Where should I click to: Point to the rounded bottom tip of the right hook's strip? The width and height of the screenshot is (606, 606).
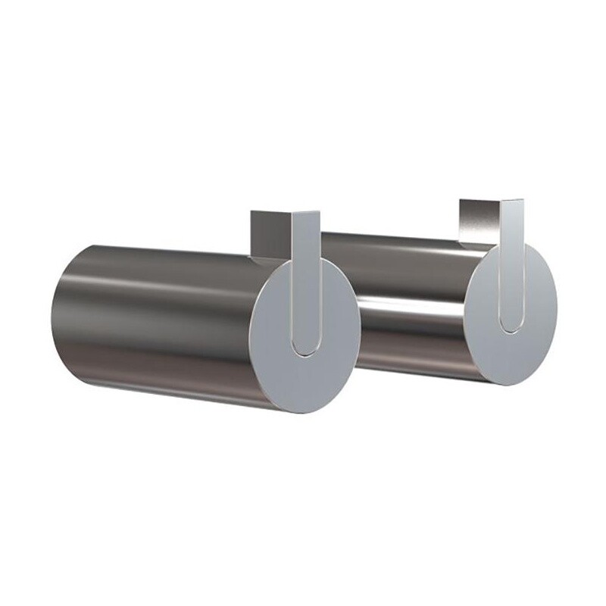click(x=509, y=323)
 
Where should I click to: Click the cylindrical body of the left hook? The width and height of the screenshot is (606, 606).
click(x=151, y=318)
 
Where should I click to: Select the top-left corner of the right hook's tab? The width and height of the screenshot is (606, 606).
click(x=460, y=201)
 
